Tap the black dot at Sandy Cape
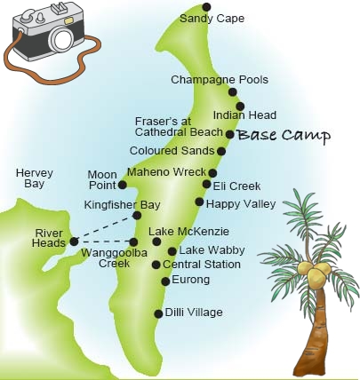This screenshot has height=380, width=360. coord(207,6)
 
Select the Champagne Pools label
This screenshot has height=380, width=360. coord(207,80)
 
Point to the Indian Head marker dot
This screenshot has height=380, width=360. coord(239,106)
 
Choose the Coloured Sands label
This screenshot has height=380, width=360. coord(172,151)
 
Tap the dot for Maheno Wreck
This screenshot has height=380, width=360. coord(212,172)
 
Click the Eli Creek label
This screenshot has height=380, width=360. coord(236,186)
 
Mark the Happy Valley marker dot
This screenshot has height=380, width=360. coord(200,202)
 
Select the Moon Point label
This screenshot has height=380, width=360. coord(102,178)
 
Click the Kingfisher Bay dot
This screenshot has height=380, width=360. coord(137,215)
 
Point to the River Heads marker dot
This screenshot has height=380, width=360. coord(74,241)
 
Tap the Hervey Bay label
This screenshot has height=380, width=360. coord(32,177)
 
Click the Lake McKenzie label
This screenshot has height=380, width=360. coord(182,233)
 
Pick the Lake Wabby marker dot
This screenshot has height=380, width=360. coord(172,250)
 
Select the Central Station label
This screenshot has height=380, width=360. coord(202,265)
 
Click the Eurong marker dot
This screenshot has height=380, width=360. coord(164,281)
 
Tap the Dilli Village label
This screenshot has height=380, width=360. coord(194,313)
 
